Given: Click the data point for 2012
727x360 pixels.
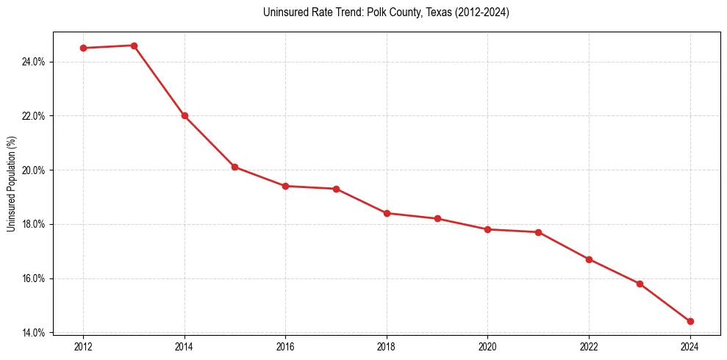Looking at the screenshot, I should point(83,48).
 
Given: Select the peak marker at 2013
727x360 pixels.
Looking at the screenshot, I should point(134,46).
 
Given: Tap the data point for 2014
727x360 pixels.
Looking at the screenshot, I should point(185,115).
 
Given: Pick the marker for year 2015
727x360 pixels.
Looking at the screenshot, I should point(234,167).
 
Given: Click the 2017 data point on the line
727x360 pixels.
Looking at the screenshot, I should point(336,189).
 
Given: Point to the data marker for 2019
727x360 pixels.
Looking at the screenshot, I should point(437,218).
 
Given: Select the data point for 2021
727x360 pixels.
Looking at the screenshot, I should point(538,232).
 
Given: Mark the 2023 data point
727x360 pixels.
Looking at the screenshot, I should point(640,284).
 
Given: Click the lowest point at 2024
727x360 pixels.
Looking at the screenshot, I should point(690,321).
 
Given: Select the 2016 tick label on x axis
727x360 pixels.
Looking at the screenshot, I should point(285,346).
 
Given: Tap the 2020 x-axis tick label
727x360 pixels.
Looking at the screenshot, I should point(487,346).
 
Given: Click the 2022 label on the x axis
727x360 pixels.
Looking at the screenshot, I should point(589,346).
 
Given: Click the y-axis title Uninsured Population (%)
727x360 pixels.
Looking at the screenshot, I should point(11,183).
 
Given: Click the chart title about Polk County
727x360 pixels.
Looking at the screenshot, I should point(386,12).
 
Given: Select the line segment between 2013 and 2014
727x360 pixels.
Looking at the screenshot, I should point(160,81).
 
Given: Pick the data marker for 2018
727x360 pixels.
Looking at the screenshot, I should point(387,213).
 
